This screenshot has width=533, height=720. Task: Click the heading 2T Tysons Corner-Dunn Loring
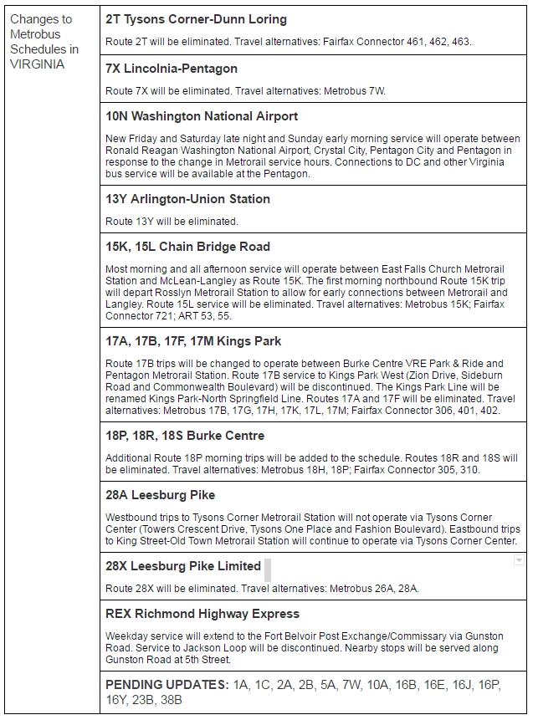tap(196, 19)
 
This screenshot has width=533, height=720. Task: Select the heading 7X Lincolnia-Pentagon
tap(172, 69)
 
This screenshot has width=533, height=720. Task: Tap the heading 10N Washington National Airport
tap(202, 116)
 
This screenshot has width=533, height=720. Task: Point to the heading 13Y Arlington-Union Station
tap(187, 199)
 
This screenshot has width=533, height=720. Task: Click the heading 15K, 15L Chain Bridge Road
tap(187, 247)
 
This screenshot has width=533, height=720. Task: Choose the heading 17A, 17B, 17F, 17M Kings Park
tap(193, 341)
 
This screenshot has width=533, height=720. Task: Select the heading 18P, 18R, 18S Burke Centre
tap(185, 436)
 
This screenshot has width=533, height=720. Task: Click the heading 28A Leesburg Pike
tap(160, 495)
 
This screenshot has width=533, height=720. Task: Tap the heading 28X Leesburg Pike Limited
tap(183, 566)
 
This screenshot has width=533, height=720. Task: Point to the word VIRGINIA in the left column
tap(37, 64)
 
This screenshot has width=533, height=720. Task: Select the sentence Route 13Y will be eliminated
tap(172, 222)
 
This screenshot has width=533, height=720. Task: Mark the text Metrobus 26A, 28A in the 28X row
tap(374, 589)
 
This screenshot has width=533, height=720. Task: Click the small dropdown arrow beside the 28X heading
tap(519, 560)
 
